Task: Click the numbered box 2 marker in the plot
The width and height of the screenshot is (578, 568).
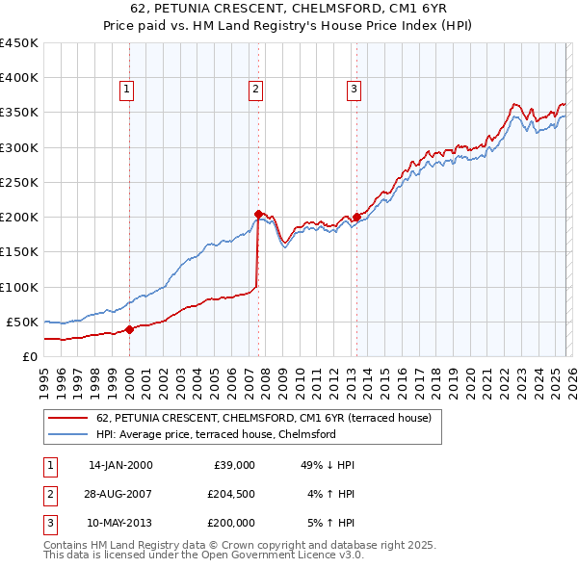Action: (x=256, y=90)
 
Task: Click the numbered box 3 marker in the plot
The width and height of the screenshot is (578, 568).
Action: (x=354, y=90)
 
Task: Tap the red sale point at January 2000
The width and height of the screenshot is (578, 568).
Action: (x=129, y=329)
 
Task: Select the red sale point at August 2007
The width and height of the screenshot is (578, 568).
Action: (x=258, y=214)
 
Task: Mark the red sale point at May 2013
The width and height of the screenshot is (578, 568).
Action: (x=355, y=218)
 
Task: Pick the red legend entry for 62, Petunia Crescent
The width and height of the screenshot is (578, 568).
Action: (x=270, y=418)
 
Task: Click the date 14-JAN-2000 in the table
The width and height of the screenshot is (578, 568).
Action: (x=120, y=465)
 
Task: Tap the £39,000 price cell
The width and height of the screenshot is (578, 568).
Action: (x=232, y=465)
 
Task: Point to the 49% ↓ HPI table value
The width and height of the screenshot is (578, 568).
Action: (x=328, y=465)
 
